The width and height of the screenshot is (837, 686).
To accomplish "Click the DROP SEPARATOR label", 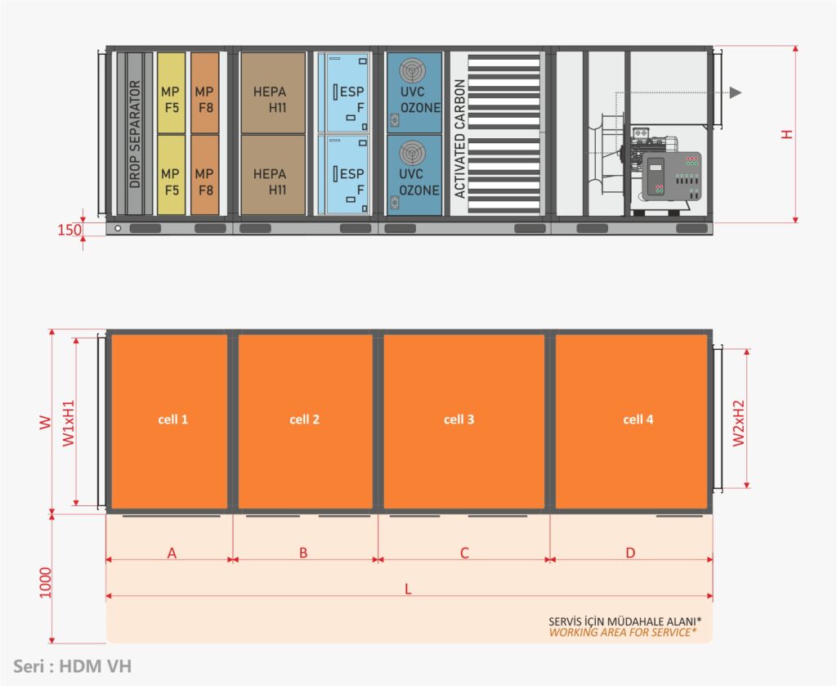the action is (135, 134).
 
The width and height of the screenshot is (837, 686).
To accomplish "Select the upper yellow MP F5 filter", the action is (171, 93).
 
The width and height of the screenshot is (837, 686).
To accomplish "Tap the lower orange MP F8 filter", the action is (205, 175).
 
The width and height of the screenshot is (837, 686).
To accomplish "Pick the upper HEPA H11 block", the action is (273, 93).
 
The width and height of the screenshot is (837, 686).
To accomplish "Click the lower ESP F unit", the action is (344, 175).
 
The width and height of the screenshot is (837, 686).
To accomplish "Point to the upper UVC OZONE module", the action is (414, 92).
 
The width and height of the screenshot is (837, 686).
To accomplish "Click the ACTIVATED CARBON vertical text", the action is (459, 139).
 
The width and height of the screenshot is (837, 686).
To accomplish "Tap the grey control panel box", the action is (672, 177).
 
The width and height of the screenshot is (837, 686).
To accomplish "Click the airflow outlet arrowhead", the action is (736, 92).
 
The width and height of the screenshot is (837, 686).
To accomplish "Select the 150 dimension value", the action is (69, 230).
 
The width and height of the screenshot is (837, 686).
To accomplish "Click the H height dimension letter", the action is (787, 134).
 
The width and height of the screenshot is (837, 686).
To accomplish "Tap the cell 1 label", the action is (173, 419).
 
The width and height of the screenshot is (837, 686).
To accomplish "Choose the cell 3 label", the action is (459, 419).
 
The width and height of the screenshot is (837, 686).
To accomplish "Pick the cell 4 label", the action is (638, 419).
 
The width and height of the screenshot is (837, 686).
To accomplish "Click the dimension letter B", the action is (303, 553).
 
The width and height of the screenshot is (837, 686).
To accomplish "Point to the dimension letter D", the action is (630, 553).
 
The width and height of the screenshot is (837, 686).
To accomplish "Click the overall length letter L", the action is (409, 590).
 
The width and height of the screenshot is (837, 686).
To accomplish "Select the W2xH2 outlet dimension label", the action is (738, 423).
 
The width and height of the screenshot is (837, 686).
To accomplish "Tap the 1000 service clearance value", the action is (46, 582).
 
